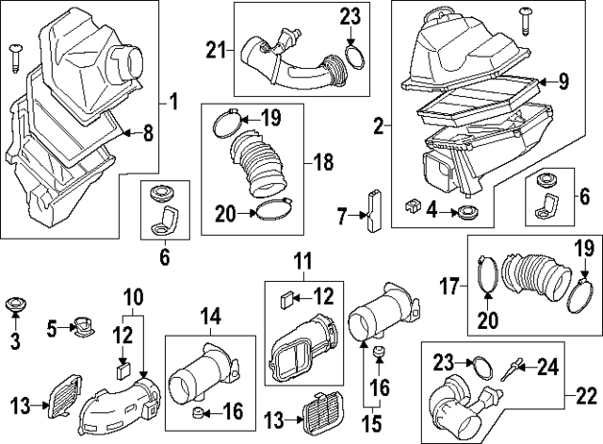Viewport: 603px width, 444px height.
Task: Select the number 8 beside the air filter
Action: point(147,134)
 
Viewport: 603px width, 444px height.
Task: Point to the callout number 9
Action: point(564,81)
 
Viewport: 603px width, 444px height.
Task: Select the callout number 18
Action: point(324,162)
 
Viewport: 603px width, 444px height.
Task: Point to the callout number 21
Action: point(216,49)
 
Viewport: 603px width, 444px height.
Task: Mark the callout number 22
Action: point(587,395)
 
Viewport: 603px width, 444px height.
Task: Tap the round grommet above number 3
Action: point(15,306)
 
